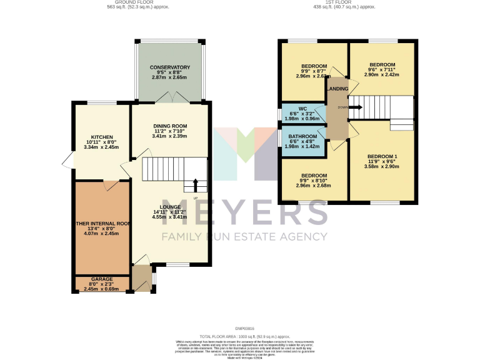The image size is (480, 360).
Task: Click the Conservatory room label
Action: pyautogui.click(x=169, y=67)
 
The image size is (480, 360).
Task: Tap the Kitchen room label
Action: pyautogui.click(x=101, y=137)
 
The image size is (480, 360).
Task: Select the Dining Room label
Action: pyautogui.click(x=170, y=126)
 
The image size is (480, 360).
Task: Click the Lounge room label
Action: pyautogui.click(x=170, y=207)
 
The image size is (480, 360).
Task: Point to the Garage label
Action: pyautogui.click(x=101, y=279)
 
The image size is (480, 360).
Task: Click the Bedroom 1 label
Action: pyautogui.click(x=381, y=156)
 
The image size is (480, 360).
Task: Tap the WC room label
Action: pyautogui.click(x=302, y=108)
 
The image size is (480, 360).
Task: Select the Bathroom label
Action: pyautogui.click(x=302, y=136)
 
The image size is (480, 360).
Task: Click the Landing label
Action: pyautogui.click(x=337, y=89)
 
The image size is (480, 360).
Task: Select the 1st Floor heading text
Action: pyautogui.click(x=345, y=2)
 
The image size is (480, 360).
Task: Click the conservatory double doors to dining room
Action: pyautogui.click(x=169, y=97)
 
